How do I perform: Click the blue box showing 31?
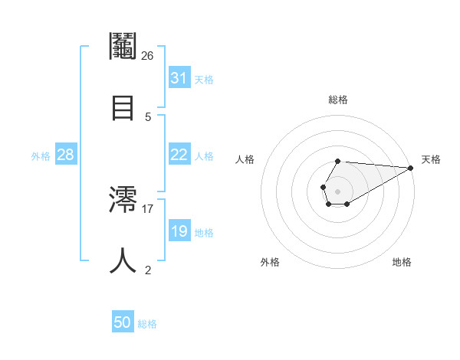pos(179,77)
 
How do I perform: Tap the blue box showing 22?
pos(179,155)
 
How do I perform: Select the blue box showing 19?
pos(179,231)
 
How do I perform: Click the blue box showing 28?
pos(66,155)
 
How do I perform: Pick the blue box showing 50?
pos(123,322)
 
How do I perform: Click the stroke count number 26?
pos(148,55)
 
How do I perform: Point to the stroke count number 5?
pos(148,116)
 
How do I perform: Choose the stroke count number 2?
pos(148,270)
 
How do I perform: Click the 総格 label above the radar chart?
pos(338,100)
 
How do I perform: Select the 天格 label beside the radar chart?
pos(431,159)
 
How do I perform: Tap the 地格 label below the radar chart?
pos(402,262)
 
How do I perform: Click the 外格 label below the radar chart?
pos(270,262)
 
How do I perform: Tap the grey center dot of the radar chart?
pos(337,190)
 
